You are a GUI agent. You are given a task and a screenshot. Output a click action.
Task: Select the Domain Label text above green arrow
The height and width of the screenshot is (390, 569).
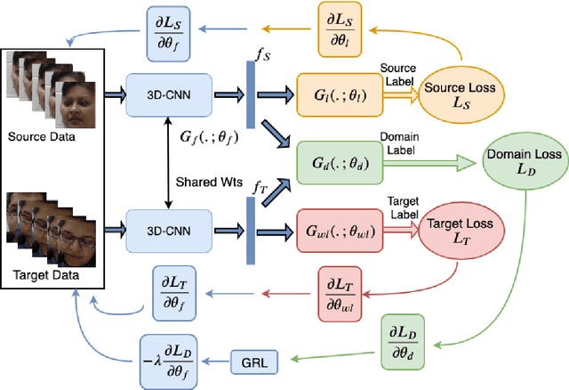click(x=400, y=139)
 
